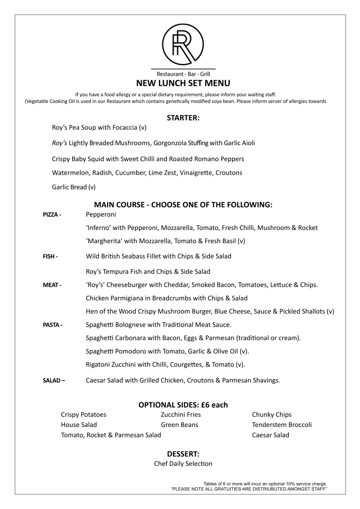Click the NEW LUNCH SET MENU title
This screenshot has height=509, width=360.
[183, 83]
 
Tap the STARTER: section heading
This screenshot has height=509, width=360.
[183, 118]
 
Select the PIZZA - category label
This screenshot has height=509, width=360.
[52, 215]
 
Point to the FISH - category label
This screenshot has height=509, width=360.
[50, 257]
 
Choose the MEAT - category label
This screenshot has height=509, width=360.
[52, 285]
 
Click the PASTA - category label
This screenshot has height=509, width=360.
[53, 325]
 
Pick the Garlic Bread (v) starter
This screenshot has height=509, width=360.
[74, 186]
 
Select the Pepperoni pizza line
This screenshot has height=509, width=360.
[101, 214]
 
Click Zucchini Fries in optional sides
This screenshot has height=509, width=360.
[181, 415]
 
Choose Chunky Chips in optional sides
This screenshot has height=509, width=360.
[271, 415]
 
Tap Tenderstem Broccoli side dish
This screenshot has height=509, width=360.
[281, 425]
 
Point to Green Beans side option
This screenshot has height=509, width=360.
[179, 425]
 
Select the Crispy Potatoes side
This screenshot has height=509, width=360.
[84, 415]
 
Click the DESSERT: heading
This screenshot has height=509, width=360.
[183, 454]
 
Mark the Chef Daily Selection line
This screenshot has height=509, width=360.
[183, 464]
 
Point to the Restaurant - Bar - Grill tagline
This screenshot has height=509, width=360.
[183, 73]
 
